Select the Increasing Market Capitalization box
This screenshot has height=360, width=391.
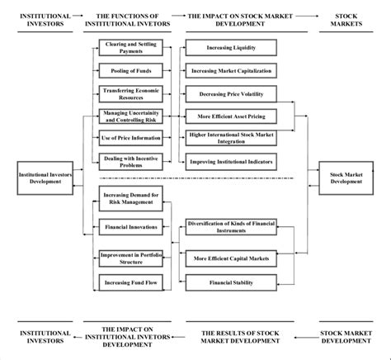point(231,71)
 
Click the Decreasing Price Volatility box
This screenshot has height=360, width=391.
point(231,93)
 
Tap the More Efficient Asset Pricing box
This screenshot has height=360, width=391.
point(231,116)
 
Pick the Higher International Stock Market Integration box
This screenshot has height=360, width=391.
point(231,137)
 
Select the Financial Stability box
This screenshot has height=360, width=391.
point(231,282)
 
